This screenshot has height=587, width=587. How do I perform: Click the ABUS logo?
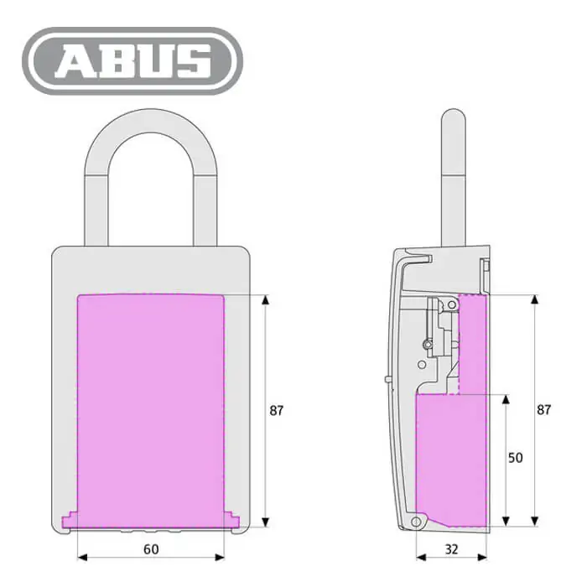click(x=132, y=60)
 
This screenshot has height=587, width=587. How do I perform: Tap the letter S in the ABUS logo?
click(x=194, y=61)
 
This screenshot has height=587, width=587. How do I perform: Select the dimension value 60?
click(x=151, y=549)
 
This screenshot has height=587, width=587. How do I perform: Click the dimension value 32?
click(x=451, y=549)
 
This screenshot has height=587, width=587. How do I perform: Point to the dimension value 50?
click(x=515, y=458)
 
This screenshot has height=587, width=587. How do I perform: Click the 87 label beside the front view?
click(x=277, y=411)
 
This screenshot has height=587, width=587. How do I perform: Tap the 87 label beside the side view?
click(x=544, y=410)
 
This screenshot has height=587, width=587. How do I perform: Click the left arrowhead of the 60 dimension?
click(x=82, y=558)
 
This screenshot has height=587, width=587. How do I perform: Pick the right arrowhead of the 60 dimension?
click(x=220, y=558)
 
